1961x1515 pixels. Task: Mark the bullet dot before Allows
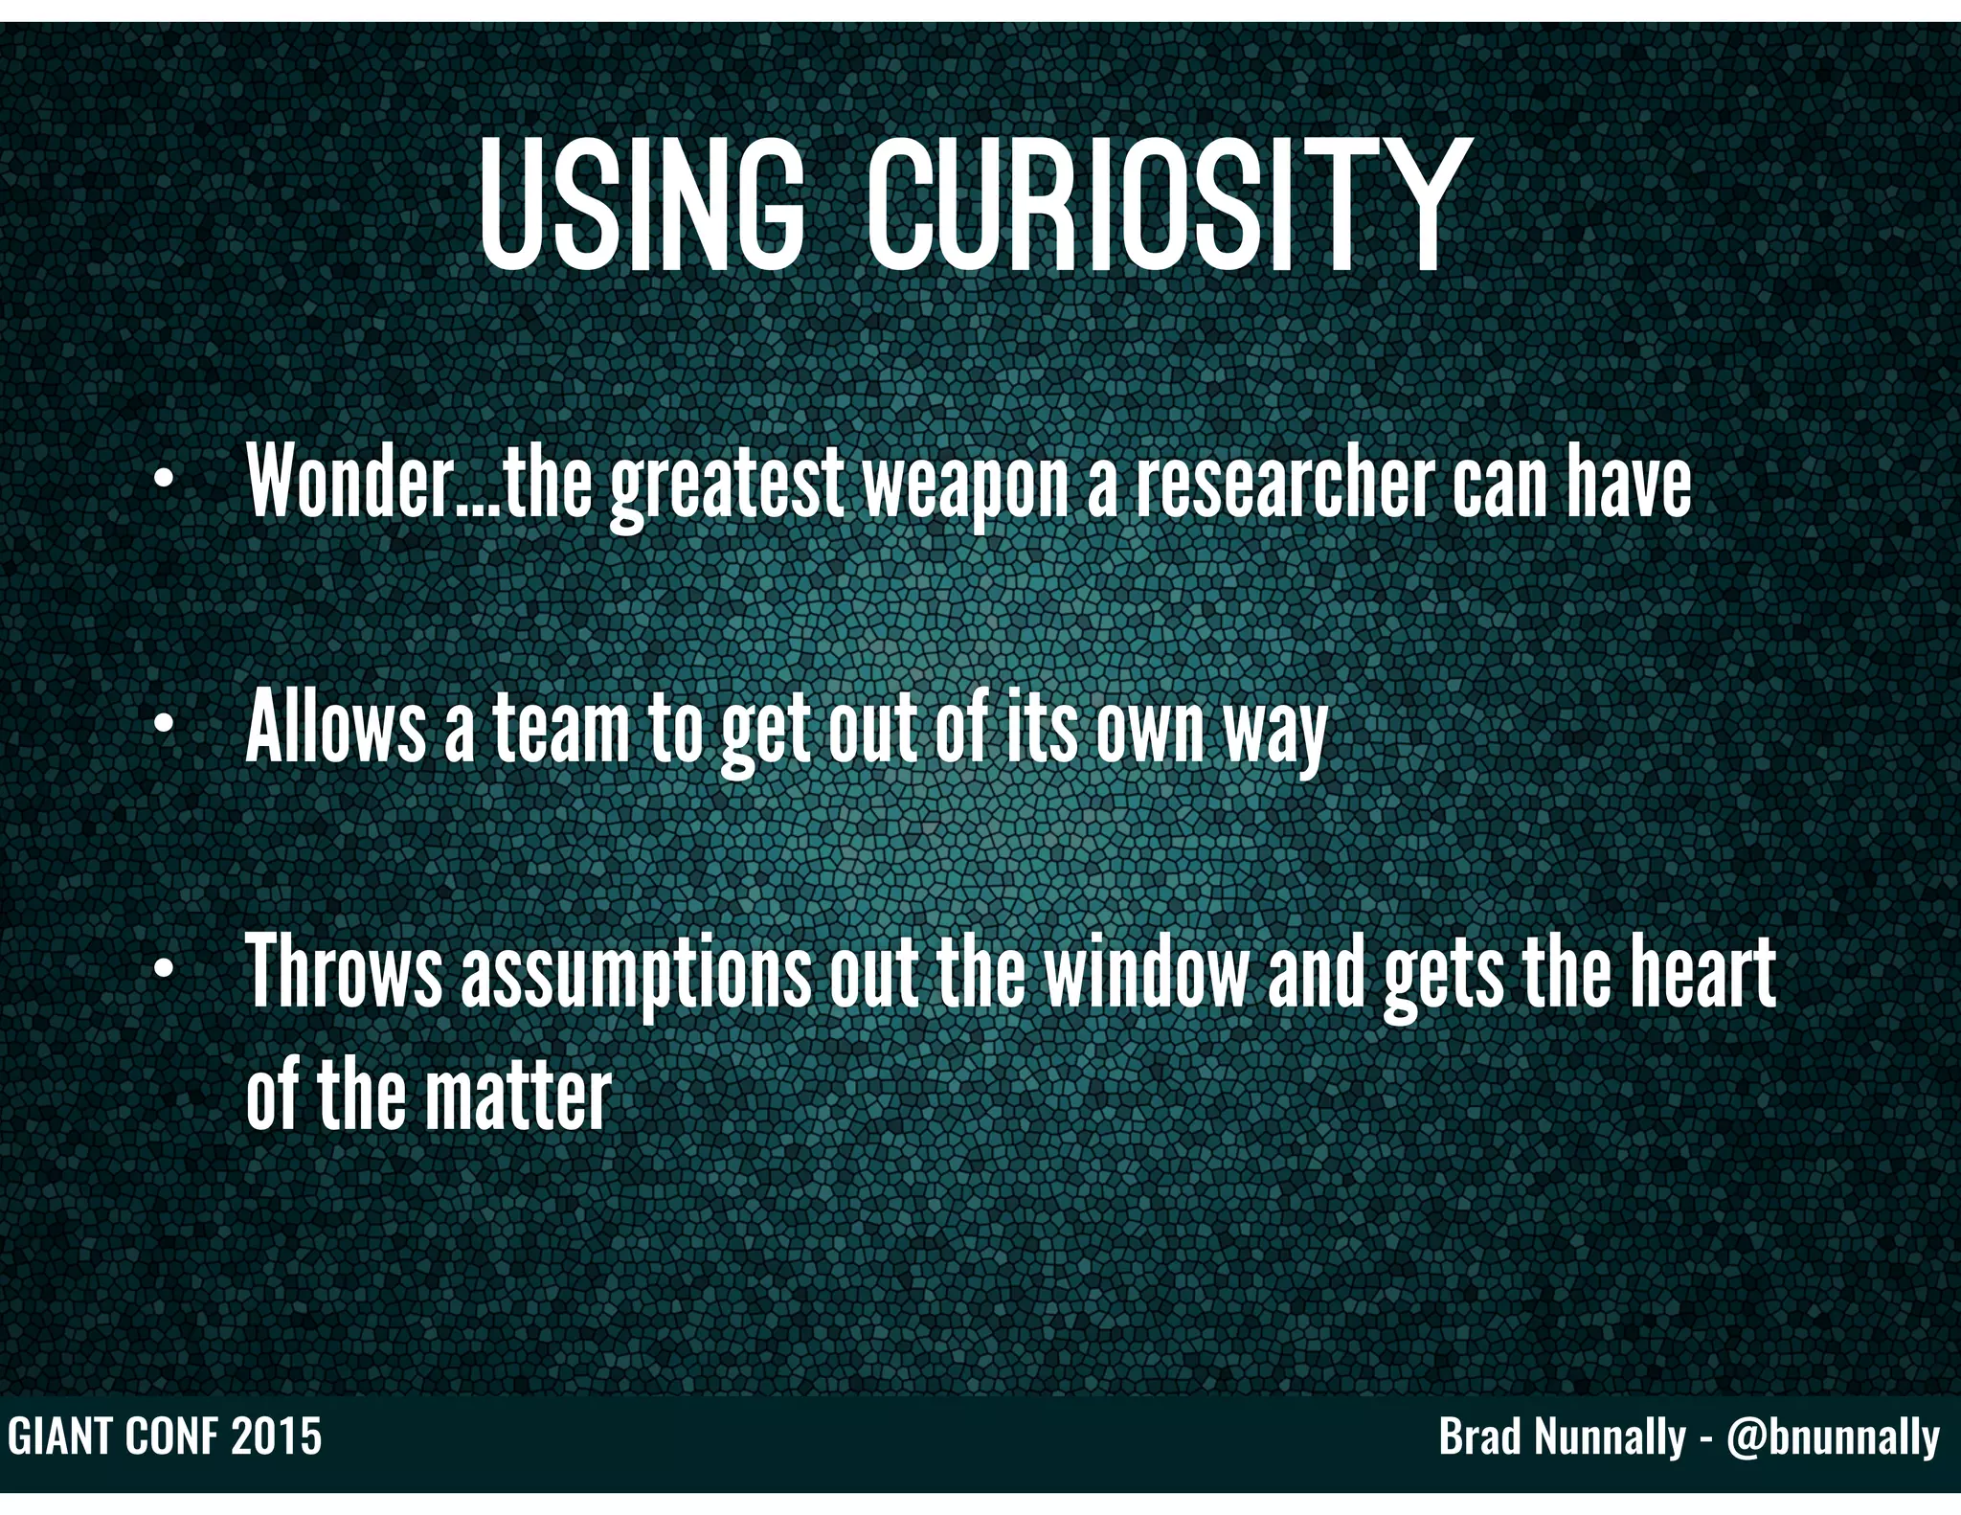[x=164, y=726]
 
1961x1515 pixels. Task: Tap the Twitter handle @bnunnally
[x=1834, y=1437]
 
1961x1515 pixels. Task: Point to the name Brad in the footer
[x=1478, y=1437]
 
